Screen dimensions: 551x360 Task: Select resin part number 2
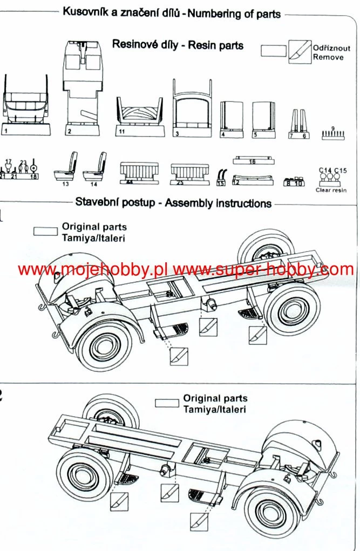[82, 86]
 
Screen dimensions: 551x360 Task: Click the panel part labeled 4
[232, 119]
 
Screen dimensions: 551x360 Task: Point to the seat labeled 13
[65, 167]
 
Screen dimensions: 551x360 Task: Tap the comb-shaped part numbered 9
[332, 134]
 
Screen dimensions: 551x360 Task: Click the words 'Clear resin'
[331, 190]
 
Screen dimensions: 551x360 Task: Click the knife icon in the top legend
[297, 51]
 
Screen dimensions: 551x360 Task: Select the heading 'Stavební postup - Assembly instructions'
[173, 203]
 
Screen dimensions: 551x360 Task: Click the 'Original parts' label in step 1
[94, 227]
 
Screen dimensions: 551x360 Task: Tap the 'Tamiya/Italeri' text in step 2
[215, 409]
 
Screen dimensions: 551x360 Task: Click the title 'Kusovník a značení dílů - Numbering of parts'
[172, 13]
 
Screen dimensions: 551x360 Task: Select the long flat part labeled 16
[252, 160]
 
